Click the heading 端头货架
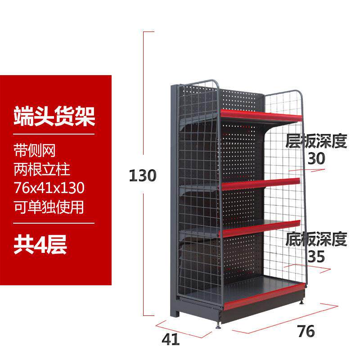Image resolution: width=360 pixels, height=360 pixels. [54, 116]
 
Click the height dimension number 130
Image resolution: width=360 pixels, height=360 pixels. [142, 175]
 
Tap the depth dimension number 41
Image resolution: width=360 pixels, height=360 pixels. [170, 339]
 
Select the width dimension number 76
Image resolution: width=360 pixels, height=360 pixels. [306, 332]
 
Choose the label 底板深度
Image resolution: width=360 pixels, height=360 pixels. [316, 240]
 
